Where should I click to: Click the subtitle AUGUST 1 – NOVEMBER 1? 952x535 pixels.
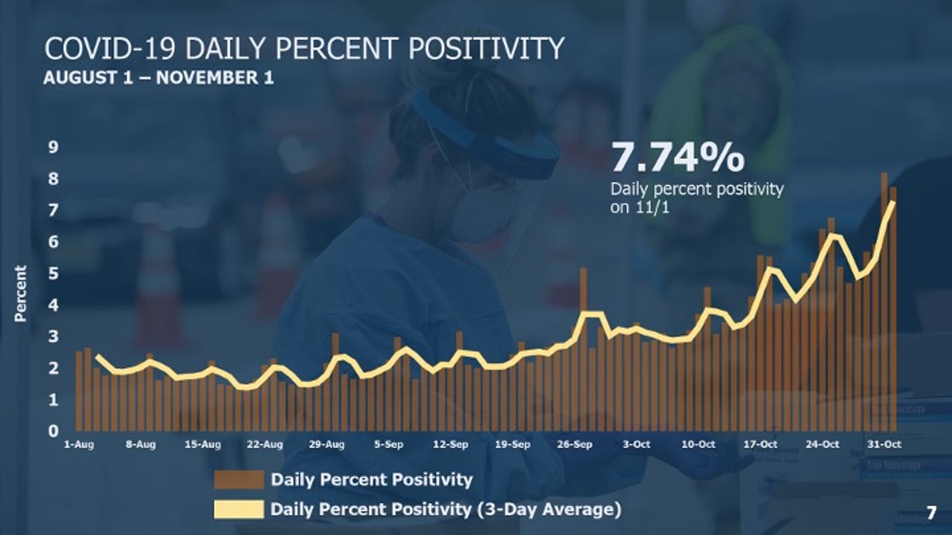click(x=158, y=78)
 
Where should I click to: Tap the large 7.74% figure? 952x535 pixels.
click(x=677, y=158)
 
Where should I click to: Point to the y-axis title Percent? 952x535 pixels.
click(x=20, y=294)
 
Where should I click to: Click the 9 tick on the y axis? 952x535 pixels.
click(x=54, y=147)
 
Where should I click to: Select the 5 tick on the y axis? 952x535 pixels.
click(x=54, y=274)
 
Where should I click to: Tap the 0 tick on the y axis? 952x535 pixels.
click(x=54, y=431)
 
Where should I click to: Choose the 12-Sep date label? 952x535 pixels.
click(x=450, y=444)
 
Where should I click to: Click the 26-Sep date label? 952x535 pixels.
click(x=575, y=444)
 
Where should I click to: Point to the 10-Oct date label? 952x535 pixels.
click(x=699, y=444)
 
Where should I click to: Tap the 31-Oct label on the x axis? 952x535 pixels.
click(x=885, y=444)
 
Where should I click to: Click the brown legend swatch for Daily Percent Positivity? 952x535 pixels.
click(x=239, y=479)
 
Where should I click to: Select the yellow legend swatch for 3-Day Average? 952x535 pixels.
click(x=239, y=510)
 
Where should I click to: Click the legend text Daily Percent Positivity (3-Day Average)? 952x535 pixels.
click(x=446, y=510)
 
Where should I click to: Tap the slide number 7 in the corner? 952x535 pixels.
click(x=931, y=511)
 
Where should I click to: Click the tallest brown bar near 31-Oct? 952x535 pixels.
click(x=884, y=297)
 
